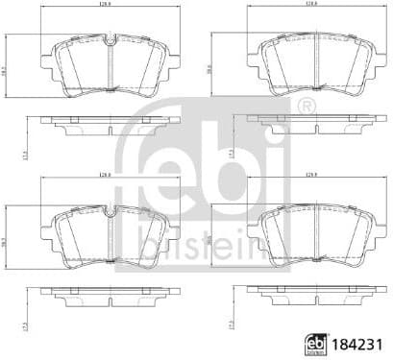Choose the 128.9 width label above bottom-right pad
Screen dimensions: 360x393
point(310,174)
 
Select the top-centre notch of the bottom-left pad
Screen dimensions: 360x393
point(111,207)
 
